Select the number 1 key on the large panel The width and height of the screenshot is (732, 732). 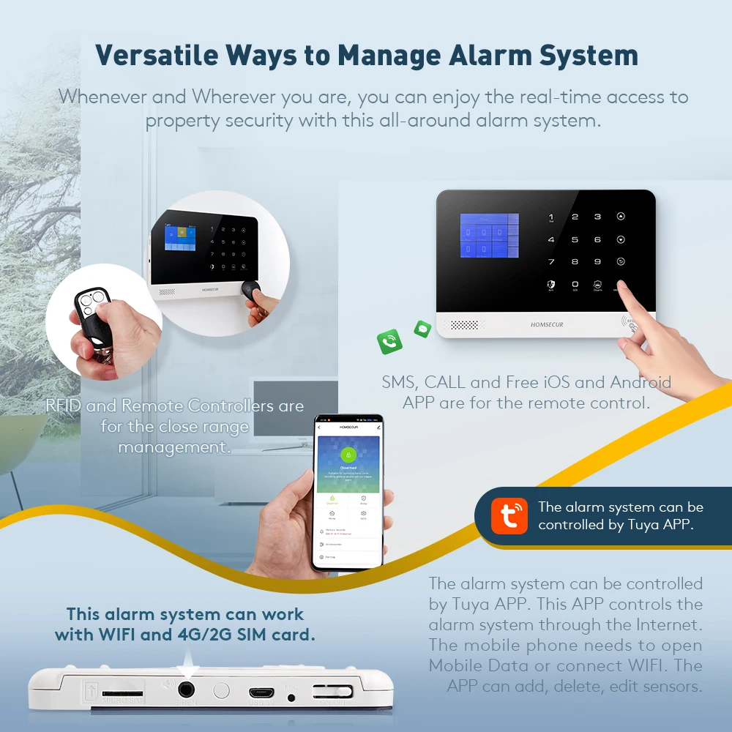pyautogui.click(x=550, y=217)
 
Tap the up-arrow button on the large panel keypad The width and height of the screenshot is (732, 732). pyautogui.click(x=621, y=217)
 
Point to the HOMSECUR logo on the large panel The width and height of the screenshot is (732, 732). pyautogui.click(x=546, y=324)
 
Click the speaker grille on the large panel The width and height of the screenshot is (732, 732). pyautogui.click(x=463, y=324)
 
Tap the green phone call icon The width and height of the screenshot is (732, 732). pyautogui.click(x=389, y=341)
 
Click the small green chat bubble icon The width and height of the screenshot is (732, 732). pyautogui.click(x=422, y=329)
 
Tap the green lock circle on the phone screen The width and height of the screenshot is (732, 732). pyautogui.click(x=348, y=455)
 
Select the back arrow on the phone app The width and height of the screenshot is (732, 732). pyautogui.click(x=319, y=427)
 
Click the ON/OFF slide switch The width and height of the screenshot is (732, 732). pyautogui.click(x=332, y=691)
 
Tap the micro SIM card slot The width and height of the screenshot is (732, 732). pyautogui.click(x=122, y=692)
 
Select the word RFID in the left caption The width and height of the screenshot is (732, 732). pyautogui.click(x=64, y=406)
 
